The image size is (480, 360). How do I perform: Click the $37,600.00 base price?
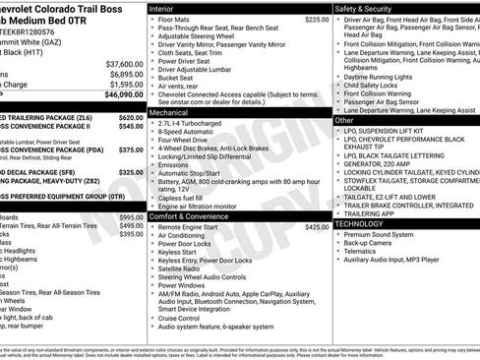pos(125,63)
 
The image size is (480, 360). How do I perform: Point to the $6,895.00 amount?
pos(126,74)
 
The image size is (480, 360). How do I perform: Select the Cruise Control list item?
pos(181,318)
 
